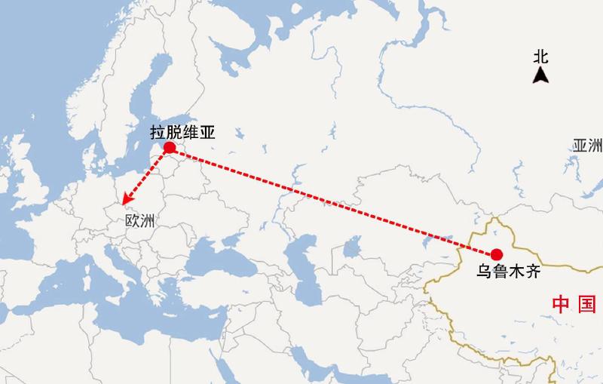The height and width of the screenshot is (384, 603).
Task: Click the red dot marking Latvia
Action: [170, 147]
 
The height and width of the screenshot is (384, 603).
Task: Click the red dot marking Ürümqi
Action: [496, 253]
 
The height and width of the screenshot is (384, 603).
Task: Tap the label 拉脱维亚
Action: [183, 133]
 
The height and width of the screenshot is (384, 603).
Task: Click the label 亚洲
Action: [587, 146]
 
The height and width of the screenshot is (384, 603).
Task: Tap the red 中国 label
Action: [574, 304]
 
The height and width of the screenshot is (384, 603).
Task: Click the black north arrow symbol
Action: [540, 75]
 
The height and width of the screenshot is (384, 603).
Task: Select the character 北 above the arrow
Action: [540, 57]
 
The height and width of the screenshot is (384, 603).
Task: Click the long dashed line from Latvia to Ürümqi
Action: [332, 200]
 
